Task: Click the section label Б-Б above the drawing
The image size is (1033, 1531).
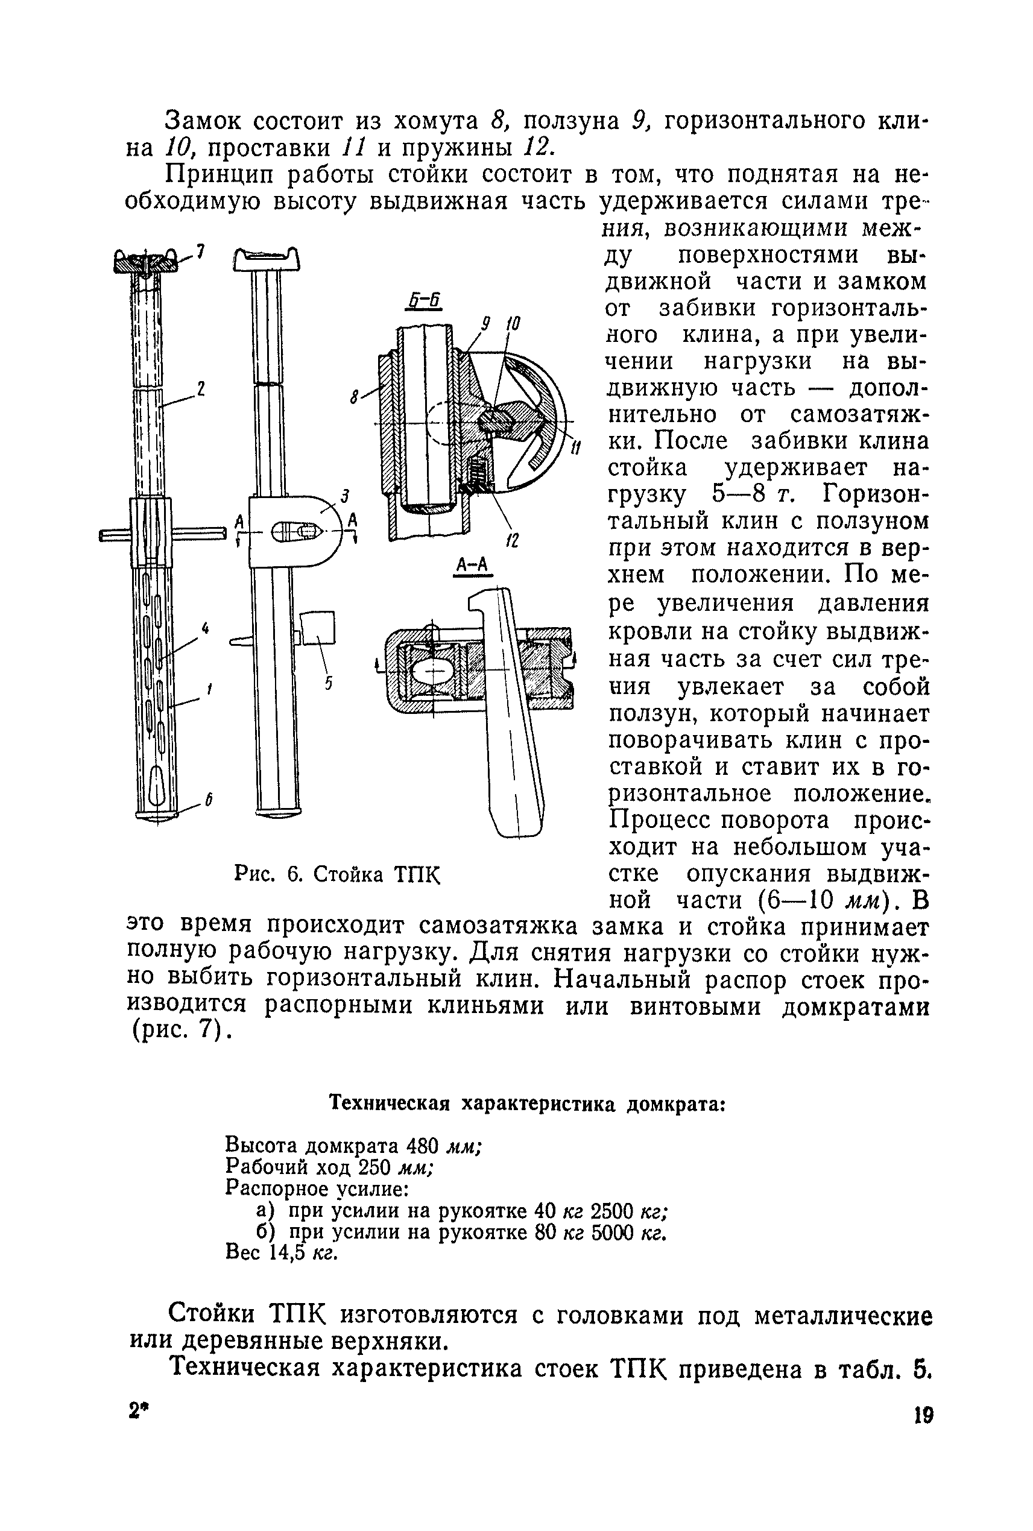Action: (425, 302)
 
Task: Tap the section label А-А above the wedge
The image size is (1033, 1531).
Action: (471, 564)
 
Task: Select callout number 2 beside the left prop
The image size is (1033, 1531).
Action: (201, 388)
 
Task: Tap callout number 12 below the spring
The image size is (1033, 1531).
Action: (512, 541)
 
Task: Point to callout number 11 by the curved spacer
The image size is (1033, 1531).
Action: (576, 449)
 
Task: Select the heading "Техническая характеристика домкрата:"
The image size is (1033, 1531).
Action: (526, 1103)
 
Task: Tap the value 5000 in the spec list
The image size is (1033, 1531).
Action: (612, 1232)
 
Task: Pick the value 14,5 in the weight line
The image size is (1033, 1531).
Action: (286, 1252)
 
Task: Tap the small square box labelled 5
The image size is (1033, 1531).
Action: (318, 628)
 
